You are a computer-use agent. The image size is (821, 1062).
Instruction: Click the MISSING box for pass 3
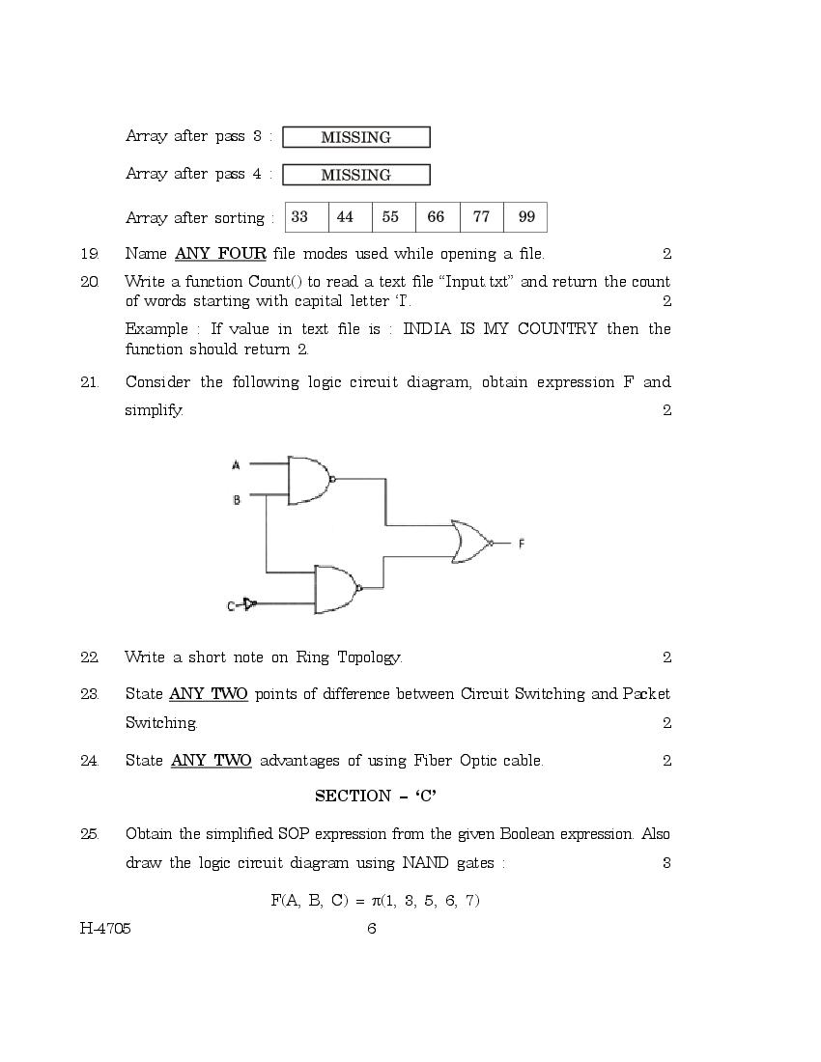tap(355, 137)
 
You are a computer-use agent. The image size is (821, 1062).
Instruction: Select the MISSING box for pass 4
tap(355, 175)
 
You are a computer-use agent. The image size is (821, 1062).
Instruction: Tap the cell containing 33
tap(299, 217)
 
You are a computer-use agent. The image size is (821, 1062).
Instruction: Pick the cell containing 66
tap(436, 217)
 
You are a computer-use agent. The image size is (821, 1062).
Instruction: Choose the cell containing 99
tap(526, 217)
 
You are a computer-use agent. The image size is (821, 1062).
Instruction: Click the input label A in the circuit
tap(236, 465)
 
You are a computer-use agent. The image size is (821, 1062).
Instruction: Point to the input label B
tap(236, 500)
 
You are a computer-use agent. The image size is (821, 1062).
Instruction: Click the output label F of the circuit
tap(522, 544)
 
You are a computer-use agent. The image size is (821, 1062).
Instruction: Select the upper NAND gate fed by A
tap(309, 480)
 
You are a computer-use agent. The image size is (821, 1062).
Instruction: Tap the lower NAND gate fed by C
tap(335, 589)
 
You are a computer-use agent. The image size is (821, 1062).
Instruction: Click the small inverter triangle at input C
tap(249, 604)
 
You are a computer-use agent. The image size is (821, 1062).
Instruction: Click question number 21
tap(90, 382)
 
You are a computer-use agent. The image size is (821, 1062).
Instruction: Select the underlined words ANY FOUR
tap(220, 254)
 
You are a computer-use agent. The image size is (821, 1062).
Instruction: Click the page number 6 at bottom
tap(372, 929)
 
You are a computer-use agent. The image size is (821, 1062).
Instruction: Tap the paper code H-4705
tap(105, 929)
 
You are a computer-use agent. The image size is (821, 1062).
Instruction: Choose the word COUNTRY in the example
tap(557, 328)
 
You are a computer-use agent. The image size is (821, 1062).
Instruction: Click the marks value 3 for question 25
tap(666, 862)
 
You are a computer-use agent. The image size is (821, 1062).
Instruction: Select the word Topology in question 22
tap(369, 657)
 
